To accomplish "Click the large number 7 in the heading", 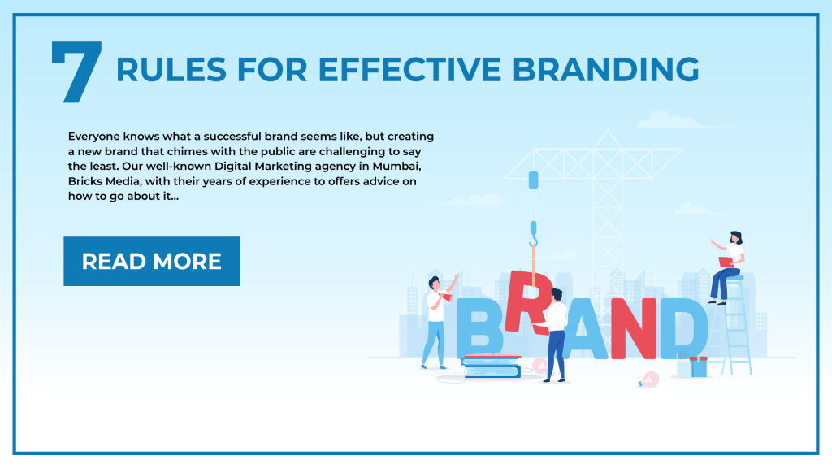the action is (77, 71).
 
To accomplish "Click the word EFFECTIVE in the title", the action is (409, 70).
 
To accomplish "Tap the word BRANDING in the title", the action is (605, 70).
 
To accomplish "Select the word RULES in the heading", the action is (171, 70).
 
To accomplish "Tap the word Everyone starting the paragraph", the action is (93, 137).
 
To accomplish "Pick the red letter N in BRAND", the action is (633, 328).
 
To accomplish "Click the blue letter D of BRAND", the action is (684, 328).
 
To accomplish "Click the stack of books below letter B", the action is (492, 366).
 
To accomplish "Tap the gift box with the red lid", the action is (698, 366).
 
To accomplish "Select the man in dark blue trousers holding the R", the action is (553, 335).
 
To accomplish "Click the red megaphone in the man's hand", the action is (447, 297).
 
